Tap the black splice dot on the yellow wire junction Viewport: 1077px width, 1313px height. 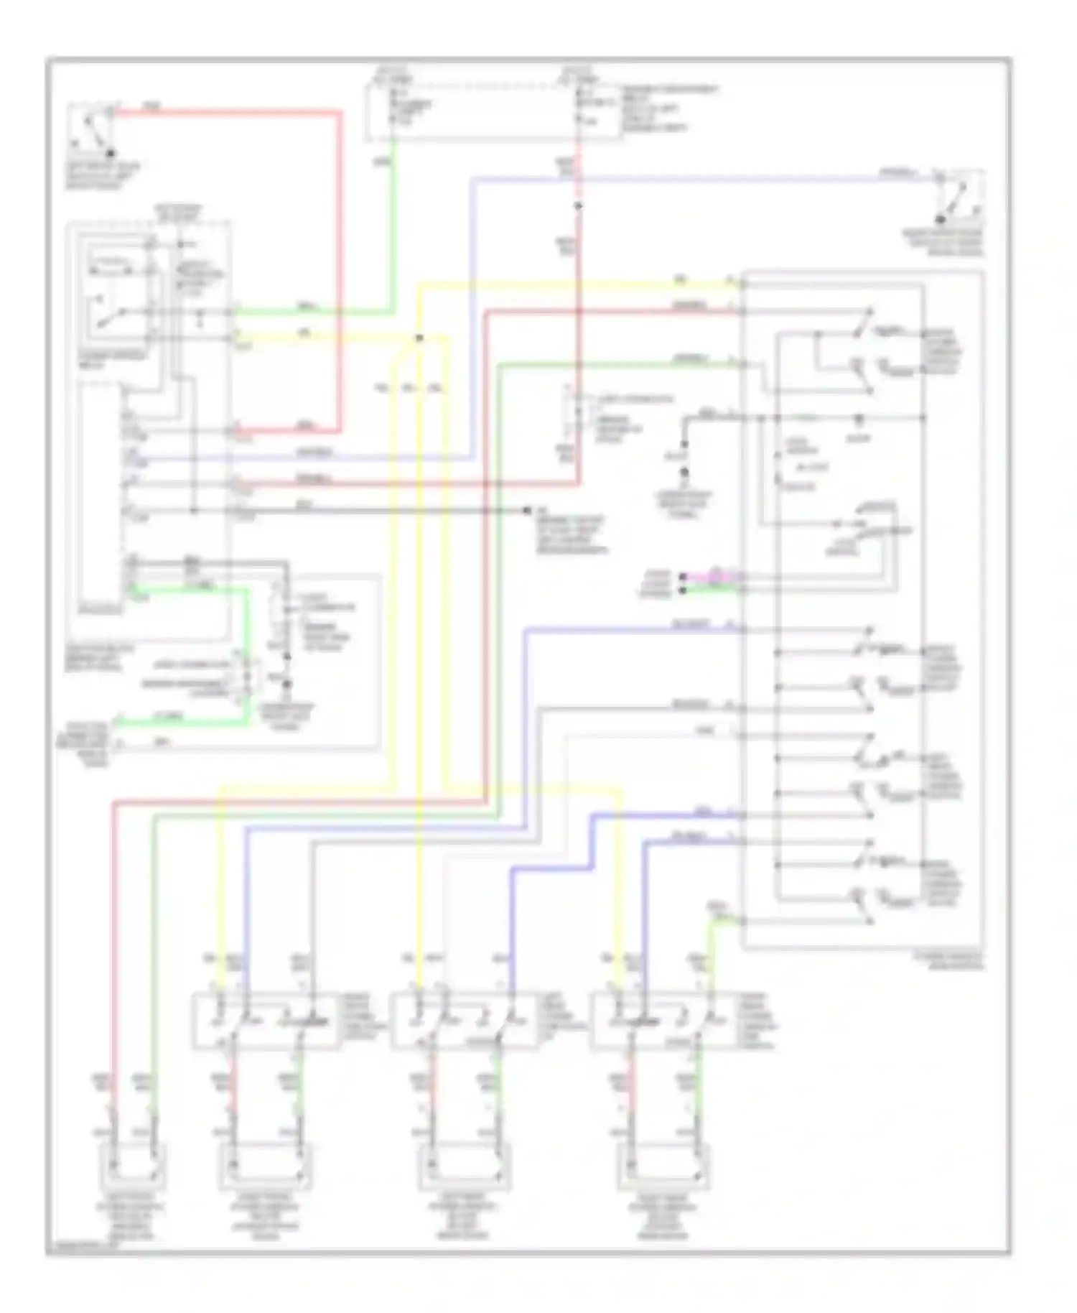tap(419, 338)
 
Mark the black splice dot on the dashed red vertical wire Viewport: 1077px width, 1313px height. tap(578, 206)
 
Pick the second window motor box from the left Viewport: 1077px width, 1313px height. tap(265, 1166)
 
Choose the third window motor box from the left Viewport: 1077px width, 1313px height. tap(464, 1166)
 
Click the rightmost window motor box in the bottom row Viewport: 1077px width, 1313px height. tap(664, 1166)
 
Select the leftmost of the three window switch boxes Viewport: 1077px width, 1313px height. tap(265, 1021)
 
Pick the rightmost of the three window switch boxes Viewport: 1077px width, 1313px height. tap(664, 1021)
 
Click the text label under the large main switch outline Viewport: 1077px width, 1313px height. tap(948, 961)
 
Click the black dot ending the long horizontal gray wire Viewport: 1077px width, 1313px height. tap(527, 510)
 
